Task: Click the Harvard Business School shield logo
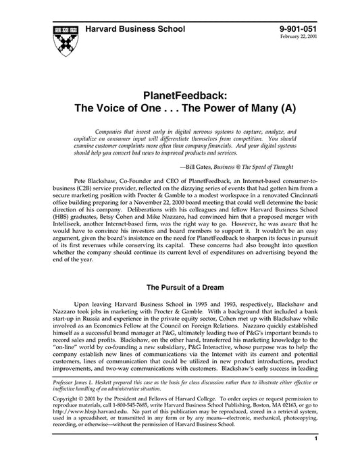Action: click(x=63, y=41)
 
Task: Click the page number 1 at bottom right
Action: click(x=316, y=457)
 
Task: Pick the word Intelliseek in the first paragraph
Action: click(x=63, y=219)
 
